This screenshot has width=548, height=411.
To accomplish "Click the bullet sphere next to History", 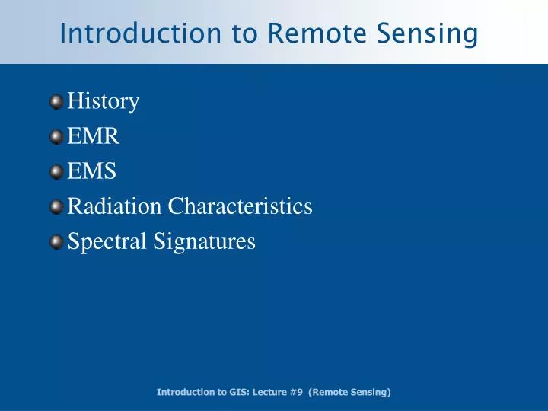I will pyautogui.click(x=57, y=101).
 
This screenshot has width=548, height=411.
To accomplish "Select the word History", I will pyautogui.click(x=104, y=101).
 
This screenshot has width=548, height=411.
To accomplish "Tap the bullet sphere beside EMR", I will pyautogui.click(x=57, y=137).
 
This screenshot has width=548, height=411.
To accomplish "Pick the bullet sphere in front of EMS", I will pyautogui.click(x=57, y=172).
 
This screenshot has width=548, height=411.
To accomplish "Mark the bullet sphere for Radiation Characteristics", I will pyautogui.click(x=57, y=207).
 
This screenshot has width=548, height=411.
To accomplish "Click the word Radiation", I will pyautogui.click(x=114, y=207).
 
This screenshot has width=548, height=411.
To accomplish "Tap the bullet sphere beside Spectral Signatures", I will pyautogui.click(x=57, y=242).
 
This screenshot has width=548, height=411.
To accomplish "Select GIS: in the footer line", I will pyautogui.click(x=231, y=392).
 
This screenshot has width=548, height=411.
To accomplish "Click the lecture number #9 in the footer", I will pyautogui.click(x=297, y=392).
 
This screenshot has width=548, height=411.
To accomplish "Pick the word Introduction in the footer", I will pyautogui.click(x=182, y=392).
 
